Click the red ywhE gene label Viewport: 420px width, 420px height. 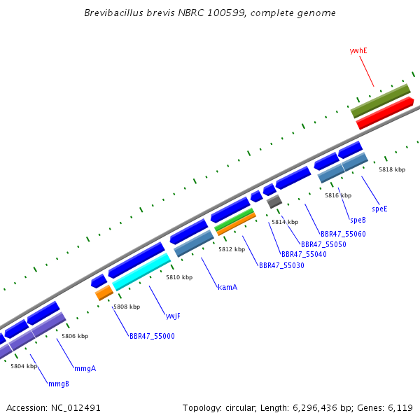358,50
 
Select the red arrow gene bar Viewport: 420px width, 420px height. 385,113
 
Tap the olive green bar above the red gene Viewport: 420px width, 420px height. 381,101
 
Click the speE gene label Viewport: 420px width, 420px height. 379,209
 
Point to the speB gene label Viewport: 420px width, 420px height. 358,220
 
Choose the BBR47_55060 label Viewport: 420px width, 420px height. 343,234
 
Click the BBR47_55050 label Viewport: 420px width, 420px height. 323,244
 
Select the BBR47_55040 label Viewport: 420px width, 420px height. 304,254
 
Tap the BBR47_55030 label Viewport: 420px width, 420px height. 281,265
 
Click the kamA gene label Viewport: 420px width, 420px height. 227,287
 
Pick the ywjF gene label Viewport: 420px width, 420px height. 173,316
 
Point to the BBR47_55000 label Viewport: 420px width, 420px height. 152,336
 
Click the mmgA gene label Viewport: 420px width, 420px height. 85,369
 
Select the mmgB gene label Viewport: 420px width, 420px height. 59,384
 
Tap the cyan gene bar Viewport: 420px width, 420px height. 141,272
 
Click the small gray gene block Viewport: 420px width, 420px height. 274,202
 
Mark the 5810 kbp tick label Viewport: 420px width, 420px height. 179,277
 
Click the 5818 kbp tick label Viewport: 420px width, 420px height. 392,169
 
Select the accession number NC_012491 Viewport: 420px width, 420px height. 76,407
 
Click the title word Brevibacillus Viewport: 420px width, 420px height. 113,13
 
